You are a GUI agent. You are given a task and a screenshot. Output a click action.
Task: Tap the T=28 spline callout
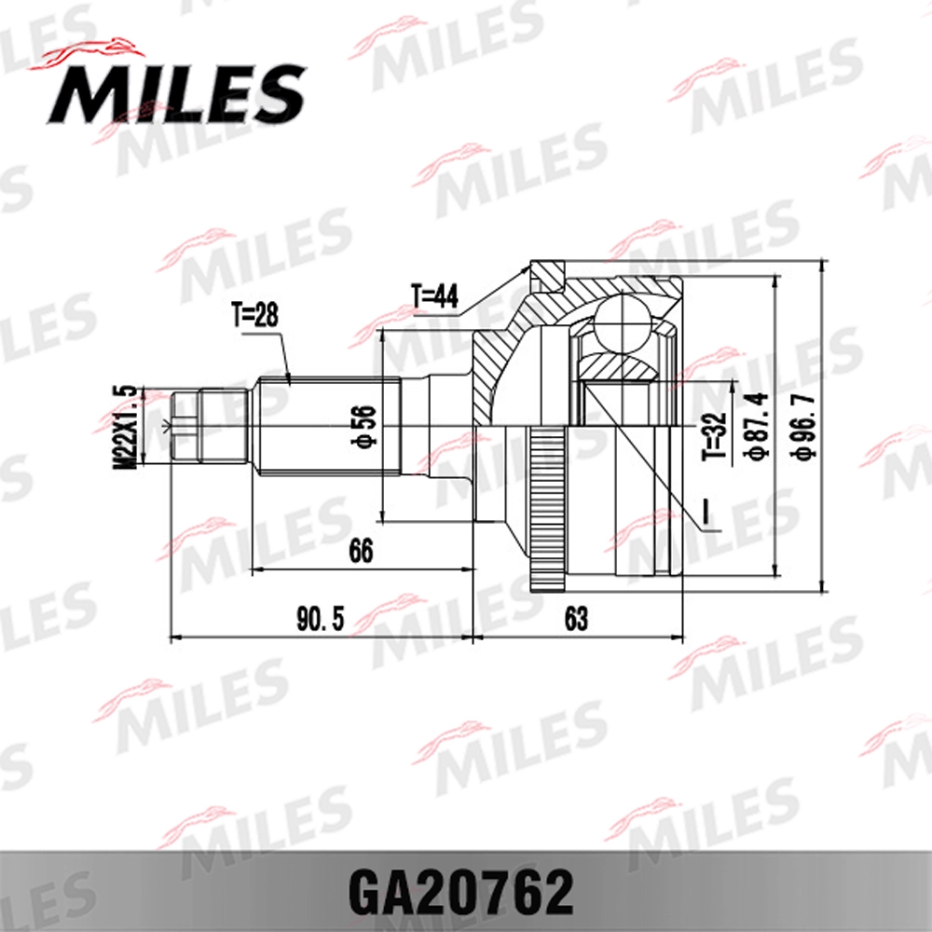point(254,317)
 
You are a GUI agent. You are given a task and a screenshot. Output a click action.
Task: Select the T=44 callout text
point(434,296)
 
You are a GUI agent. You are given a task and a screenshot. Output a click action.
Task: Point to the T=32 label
point(714,437)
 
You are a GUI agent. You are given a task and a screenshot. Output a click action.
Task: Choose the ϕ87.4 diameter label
point(756,426)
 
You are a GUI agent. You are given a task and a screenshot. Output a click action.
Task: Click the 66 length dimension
point(361,552)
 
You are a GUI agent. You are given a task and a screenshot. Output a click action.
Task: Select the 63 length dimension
point(576,620)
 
